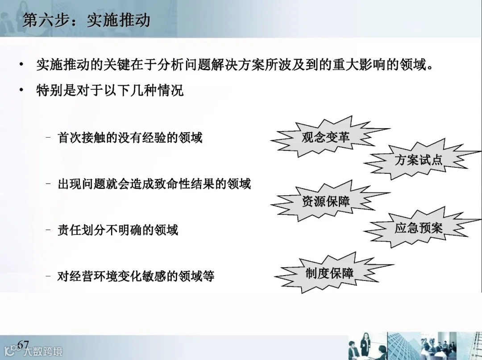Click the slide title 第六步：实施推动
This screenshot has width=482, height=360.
tap(86, 20)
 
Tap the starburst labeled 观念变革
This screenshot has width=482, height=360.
tap(325, 137)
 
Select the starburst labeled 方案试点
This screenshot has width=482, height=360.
tap(418, 159)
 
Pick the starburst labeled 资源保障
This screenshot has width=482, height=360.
tap(326, 201)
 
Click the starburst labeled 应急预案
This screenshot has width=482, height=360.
tap(418, 228)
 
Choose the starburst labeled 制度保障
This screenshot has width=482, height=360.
tap(330, 273)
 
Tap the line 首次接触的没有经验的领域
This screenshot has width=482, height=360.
tap(130, 137)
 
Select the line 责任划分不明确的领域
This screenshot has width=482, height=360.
tap(118, 230)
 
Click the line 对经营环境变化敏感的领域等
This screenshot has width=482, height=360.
tap(136, 276)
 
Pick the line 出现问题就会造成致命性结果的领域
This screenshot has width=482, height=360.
tap(154, 184)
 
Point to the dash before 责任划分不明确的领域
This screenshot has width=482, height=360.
tap(48, 230)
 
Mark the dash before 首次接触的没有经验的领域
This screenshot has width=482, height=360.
tap(48, 137)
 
